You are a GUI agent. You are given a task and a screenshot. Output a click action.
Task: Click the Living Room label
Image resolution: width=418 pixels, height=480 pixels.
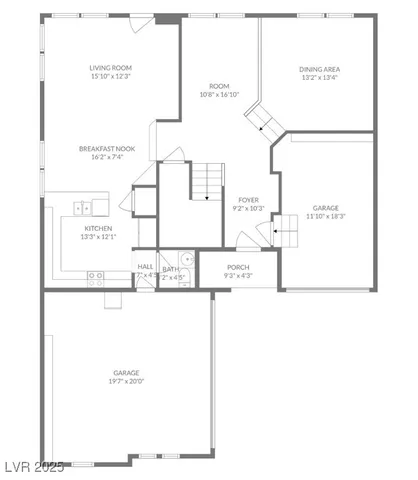click(111, 67)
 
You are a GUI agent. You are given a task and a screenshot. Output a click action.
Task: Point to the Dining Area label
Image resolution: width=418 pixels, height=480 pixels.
click(319, 69)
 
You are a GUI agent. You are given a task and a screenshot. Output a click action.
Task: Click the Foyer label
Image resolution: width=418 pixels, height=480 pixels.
click(248, 200)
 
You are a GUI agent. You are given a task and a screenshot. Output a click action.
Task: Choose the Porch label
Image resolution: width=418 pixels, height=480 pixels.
click(238, 267)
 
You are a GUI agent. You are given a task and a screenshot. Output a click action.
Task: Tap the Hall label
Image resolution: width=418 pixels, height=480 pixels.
click(145, 266)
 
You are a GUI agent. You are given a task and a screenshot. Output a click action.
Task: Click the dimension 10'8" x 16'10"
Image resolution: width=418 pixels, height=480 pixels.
click(219, 95)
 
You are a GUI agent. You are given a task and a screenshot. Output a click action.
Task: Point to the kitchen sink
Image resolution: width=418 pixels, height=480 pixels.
click(88, 208)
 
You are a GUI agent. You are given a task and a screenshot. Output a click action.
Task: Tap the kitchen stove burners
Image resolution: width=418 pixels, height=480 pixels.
click(96, 275)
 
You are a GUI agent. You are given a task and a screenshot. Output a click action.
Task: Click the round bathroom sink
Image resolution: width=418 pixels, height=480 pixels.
click(186, 258)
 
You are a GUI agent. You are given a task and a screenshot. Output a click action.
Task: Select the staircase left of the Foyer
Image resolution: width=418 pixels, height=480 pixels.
click(206, 183)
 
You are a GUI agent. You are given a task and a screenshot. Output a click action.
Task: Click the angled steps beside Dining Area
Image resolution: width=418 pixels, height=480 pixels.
click(266, 121)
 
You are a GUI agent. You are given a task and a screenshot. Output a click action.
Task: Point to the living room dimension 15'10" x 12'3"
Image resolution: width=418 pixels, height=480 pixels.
click(111, 76)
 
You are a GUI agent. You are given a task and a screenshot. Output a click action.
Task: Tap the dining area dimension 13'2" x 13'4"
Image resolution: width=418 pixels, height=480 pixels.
click(319, 77)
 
